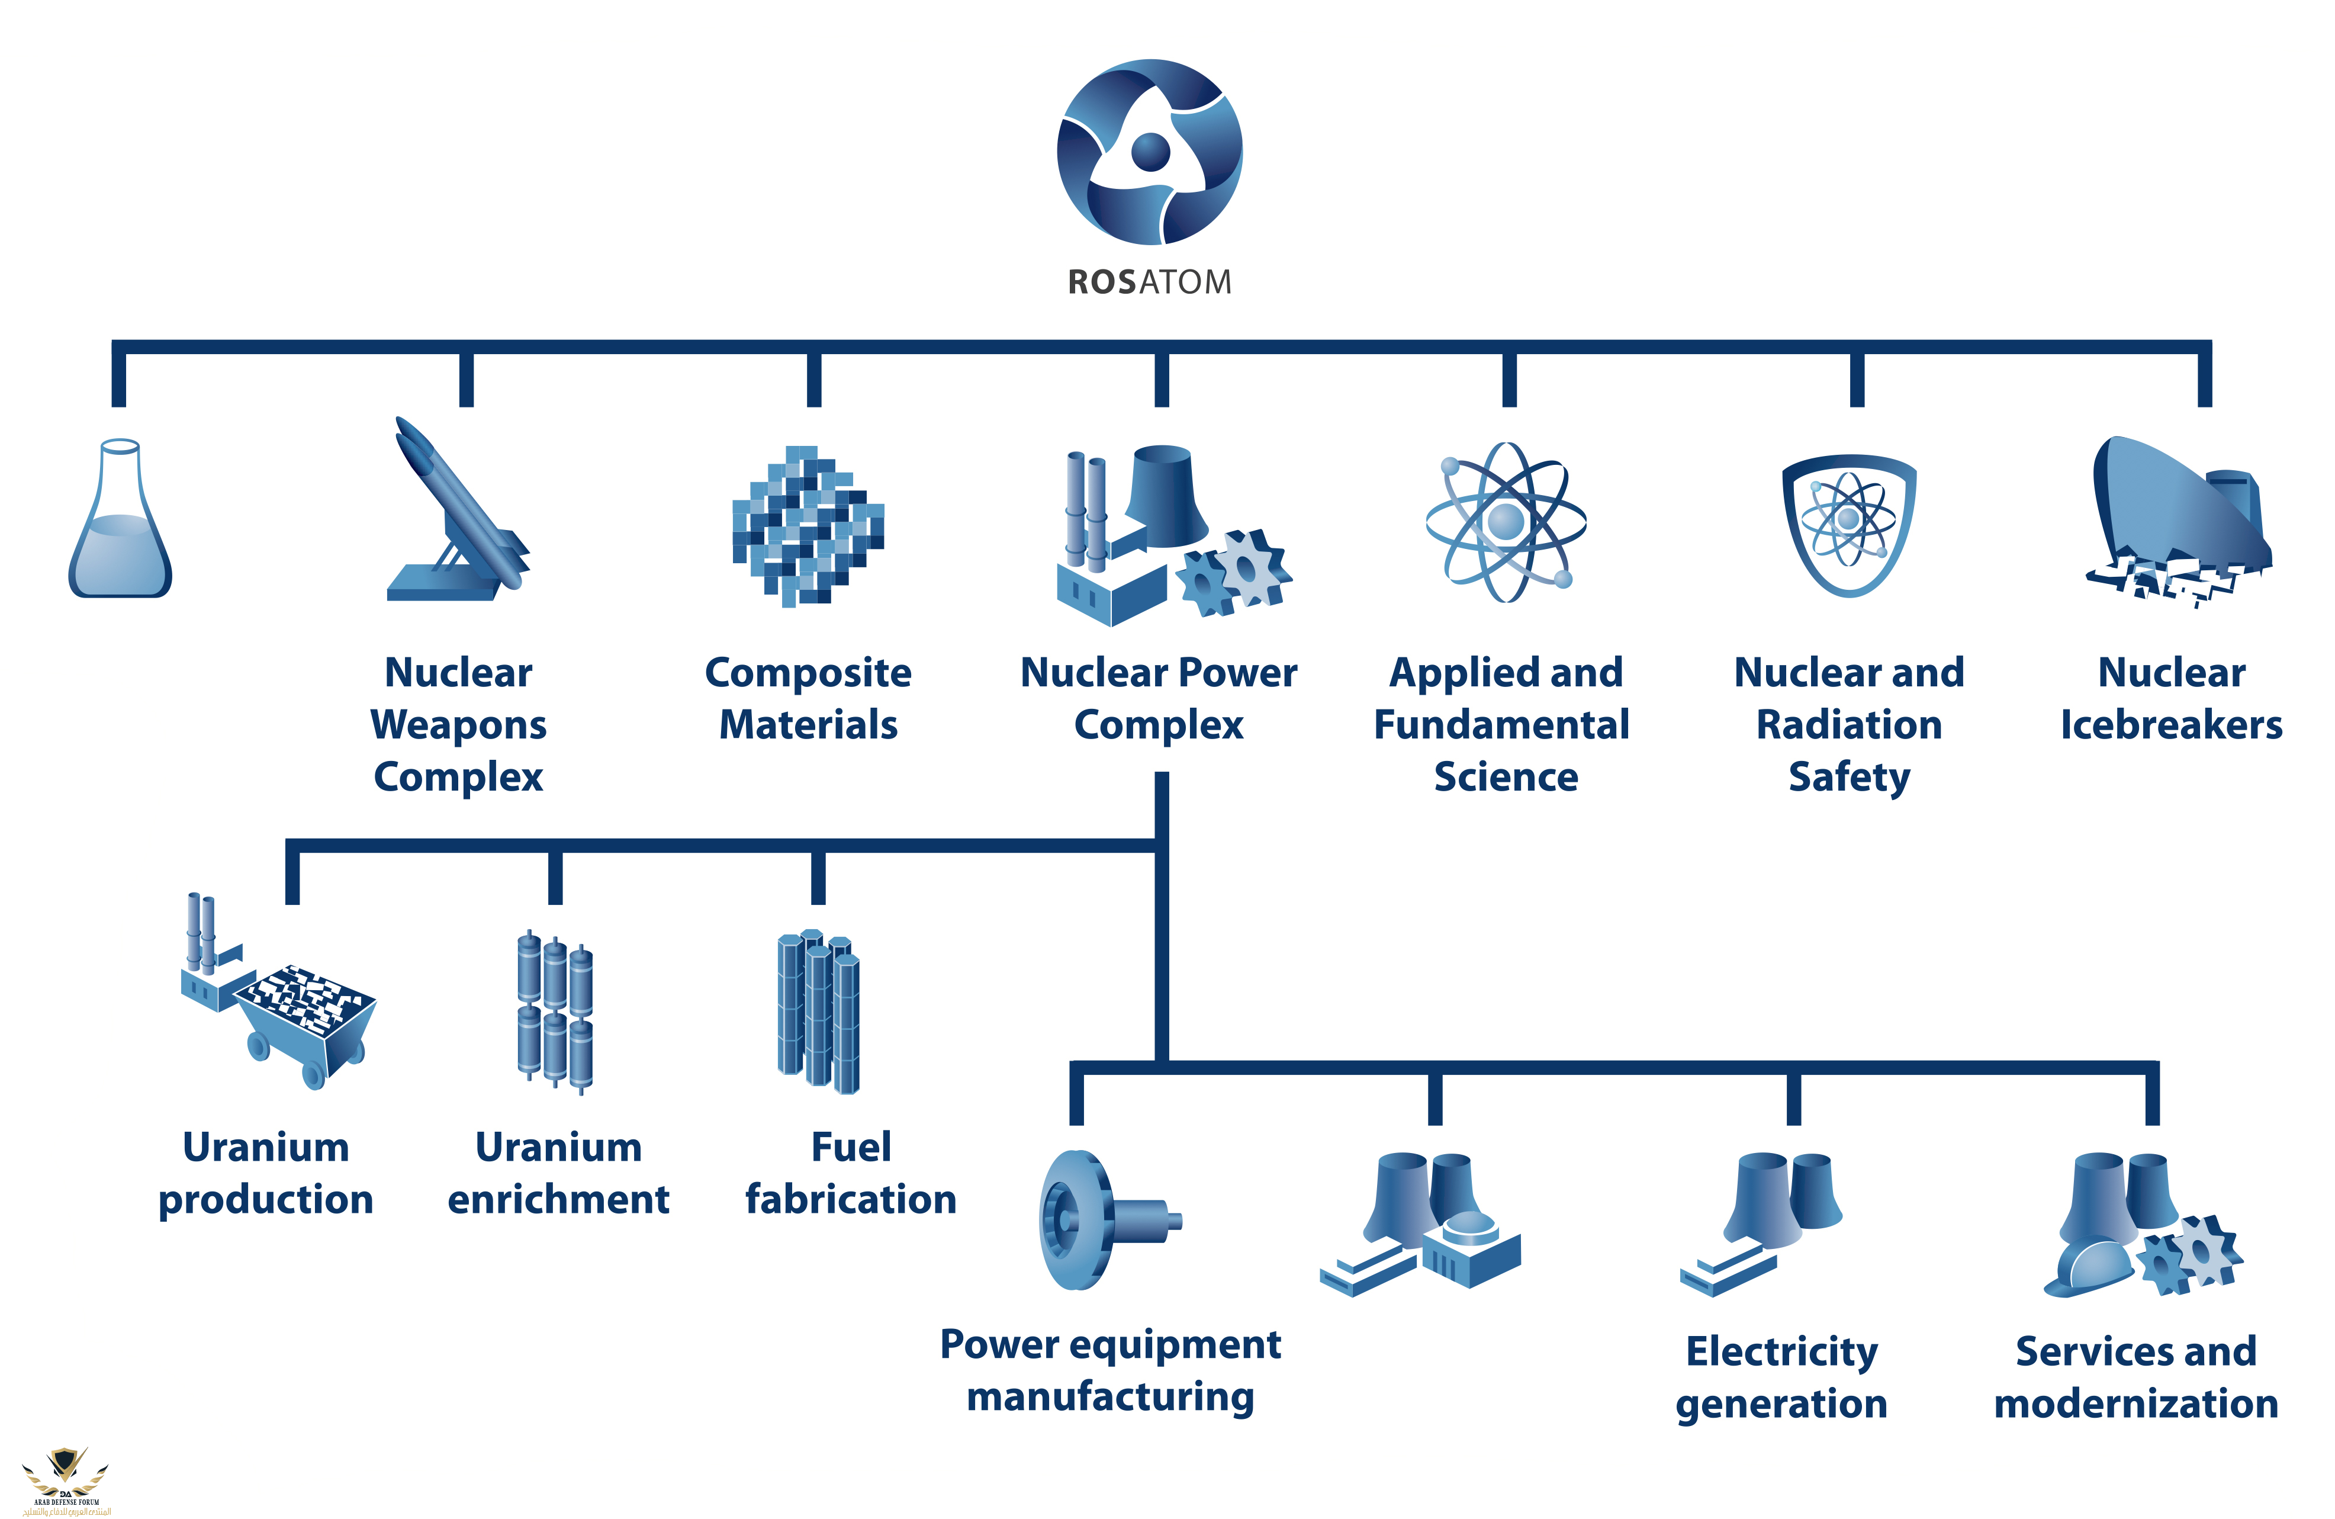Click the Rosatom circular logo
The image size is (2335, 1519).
pyautogui.click(x=1149, y=152)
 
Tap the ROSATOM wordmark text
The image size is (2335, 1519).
pyautogui.click(x=1149, y=282)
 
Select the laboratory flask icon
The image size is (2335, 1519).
pyautogui.click(x=120, y=520)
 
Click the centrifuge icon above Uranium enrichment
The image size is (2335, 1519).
pyautogui.click(x=555, y=1011)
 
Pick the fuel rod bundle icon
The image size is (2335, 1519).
pyautogui.click(x=818, y=1011)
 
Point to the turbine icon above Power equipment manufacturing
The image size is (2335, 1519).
pyautogui.click(x=1099, y=1220)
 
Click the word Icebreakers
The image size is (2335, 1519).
pyautogui.click(x=2170, y=725)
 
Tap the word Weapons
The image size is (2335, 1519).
pyautogui.click(x=458, y=725)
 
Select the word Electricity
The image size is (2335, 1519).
pyautogui.click(x=1781, y=1351)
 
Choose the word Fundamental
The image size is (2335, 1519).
pyautogui.click(x=1501, y=725)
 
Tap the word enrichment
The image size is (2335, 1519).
pyautogui.click(x=558, y=1199)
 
